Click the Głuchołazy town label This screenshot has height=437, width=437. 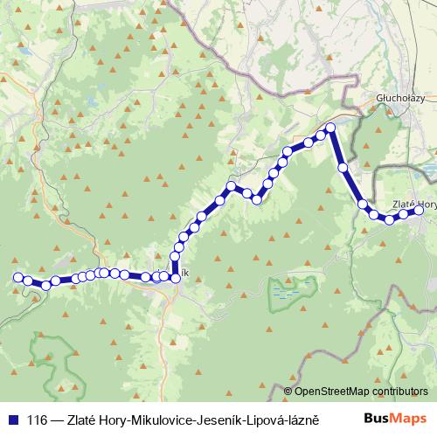[x=399, y=98]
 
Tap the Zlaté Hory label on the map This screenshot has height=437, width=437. [x=413, y=204]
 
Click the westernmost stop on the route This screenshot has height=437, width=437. [x=17, y=277]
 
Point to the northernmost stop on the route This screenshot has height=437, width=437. [x=330, y=129]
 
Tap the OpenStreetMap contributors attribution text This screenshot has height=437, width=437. [x=361, y=392]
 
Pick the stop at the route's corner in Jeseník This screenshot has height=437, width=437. [x=176, y=277]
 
